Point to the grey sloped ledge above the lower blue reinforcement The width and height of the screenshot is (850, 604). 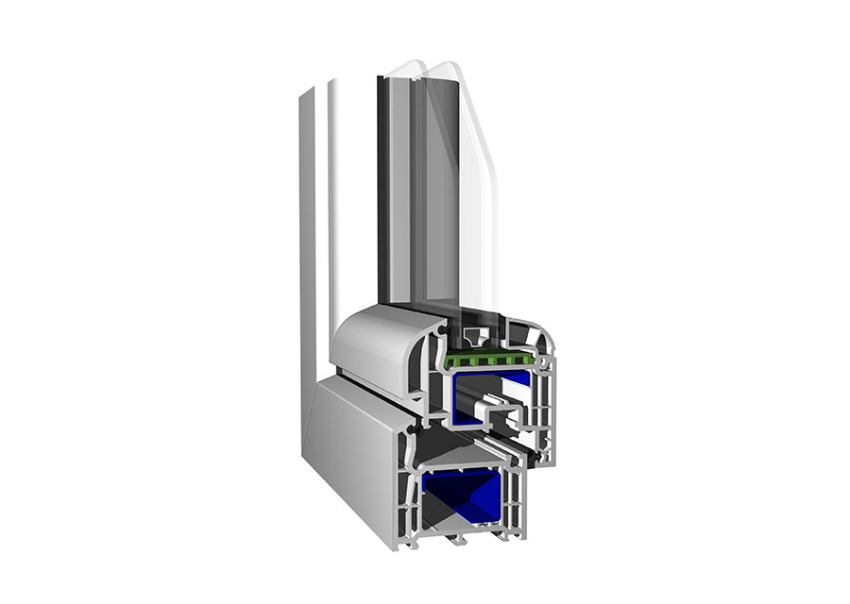[463, 458]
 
